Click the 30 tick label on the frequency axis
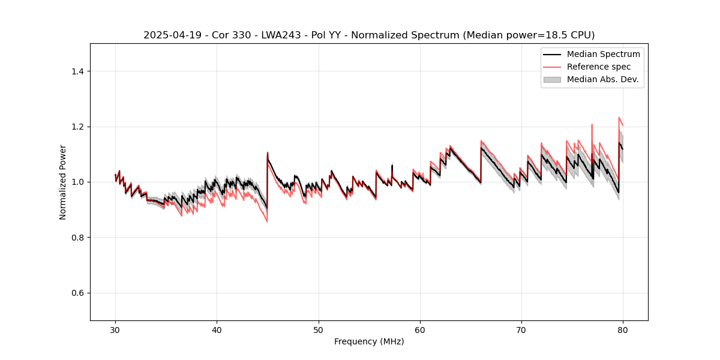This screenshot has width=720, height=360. pyautogui.click(x=115, y=329)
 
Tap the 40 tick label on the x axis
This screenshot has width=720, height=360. pyautogui.click(x=217, y=329)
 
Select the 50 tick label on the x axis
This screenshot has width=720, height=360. pyautogui.click(x=319, y=329)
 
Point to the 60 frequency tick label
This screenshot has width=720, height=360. pyautogui.click(x=420, y=329)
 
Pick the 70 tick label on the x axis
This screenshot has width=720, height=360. pyautogui.click(x=521, y=329)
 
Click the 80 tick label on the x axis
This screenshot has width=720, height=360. pyautogui.click(x=623, y=329)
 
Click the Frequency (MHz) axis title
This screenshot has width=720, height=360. pyautogui.click(x=369, y=341)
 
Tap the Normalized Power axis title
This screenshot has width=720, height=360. pyautogui.click(x=62, y=182)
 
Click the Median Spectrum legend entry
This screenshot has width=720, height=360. pyautogui.click(x=603, y=55)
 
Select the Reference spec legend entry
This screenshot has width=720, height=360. pyautogui.click(x=598, y=67)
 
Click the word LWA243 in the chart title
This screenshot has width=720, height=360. pyautogui.click(x=269, y=35)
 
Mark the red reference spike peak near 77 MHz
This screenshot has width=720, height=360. pyautogui.click(x=592, y=125)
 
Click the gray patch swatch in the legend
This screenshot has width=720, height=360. pyautogui.click(x=552, y=79)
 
